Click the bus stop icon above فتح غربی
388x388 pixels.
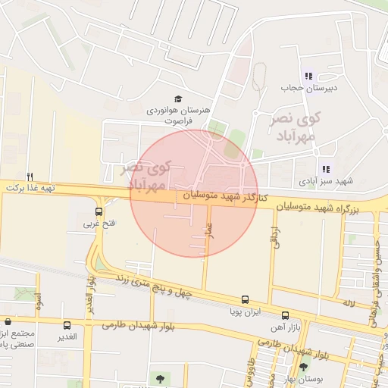click(x=99, y=211)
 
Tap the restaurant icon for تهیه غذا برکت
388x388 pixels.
click(x=30, y=175)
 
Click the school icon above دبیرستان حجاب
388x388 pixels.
click(x=308, y=76)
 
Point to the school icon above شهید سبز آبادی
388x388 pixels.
click(x=326, y=170)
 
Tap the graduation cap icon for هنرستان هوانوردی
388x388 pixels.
click(x=178, y=99)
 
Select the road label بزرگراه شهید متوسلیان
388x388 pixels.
click(x=330, y=206)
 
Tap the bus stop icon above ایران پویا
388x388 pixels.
click(x=244, y=300)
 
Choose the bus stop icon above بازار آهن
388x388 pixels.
click(x=285, y=315)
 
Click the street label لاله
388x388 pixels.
click(x=349, y=303)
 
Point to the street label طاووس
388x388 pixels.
click(x=270, y=371)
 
